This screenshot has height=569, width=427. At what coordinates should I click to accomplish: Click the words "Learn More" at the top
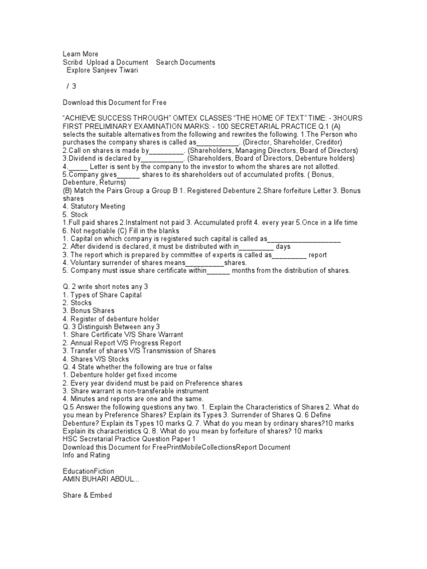pos(81,54)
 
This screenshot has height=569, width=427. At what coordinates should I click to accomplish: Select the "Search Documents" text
pos(185,62)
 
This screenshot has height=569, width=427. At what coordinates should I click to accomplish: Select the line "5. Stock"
pos(75,214)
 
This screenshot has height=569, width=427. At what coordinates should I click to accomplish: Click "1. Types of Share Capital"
pos(102,295)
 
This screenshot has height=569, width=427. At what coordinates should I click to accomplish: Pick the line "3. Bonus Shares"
pos(88,311)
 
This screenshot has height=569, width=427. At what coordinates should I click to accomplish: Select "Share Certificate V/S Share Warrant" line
pos(126,335)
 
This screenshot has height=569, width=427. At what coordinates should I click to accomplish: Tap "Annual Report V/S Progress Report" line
pos(126,343)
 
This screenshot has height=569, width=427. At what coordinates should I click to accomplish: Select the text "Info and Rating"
pos(86,455)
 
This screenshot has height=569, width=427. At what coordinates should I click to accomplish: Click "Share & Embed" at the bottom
pos(87,495)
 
